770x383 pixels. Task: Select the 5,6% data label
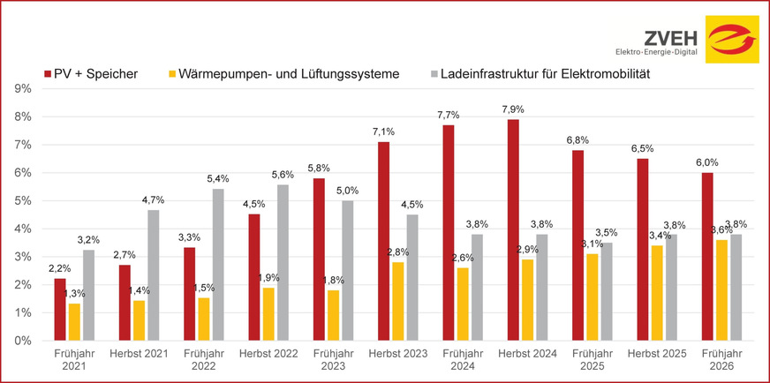coord(283,175)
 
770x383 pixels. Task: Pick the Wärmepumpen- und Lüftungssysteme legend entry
coord(286,73)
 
